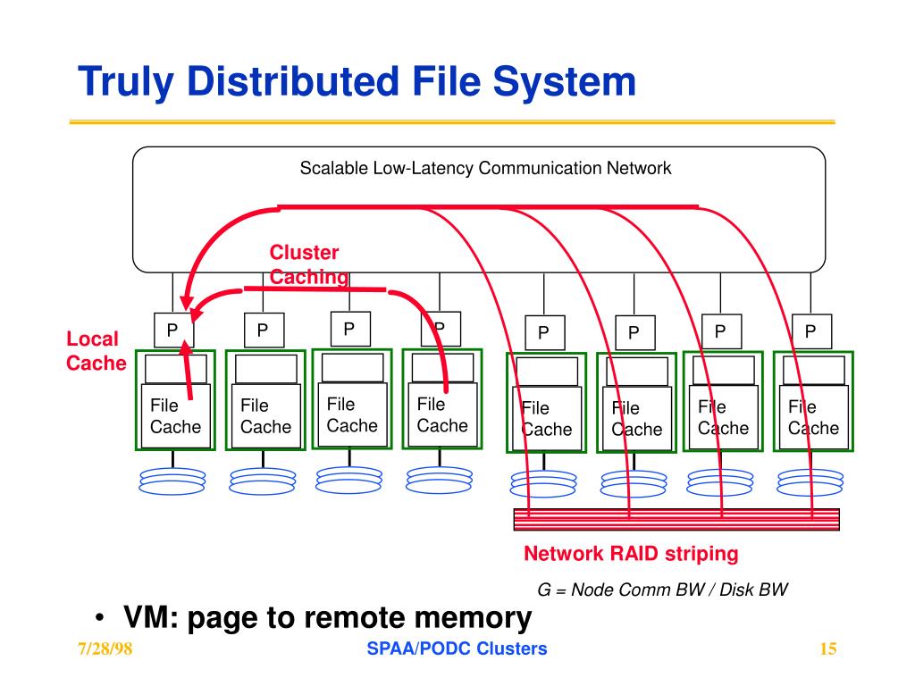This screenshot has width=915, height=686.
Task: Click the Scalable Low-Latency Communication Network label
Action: click(485, 168)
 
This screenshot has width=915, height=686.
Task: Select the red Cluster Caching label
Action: click(308, 264)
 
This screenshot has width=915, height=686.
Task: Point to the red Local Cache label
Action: click(97, 350)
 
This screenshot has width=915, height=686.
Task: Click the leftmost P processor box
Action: click(174, 330)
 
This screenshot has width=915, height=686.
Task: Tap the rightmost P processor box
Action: click(811, 331)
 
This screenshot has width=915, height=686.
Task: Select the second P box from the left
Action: click(264, 330)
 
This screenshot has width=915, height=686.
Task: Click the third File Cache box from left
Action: click(352, 414)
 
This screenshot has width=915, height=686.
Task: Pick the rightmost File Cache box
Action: click(814, 417)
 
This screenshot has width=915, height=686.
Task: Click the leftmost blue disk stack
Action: click(172, 481)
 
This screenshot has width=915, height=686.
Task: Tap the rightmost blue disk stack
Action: click(810, 482)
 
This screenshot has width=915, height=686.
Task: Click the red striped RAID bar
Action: click(676, 519)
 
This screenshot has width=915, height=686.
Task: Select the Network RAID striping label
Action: click(631, 554)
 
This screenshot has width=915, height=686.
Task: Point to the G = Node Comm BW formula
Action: click(662, 590)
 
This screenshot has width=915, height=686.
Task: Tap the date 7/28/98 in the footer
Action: click(105, 648)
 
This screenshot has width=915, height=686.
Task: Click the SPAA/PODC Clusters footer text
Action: click(457, 648)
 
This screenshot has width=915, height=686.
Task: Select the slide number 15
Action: click(828, 648)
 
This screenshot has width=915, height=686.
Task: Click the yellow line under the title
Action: click(452, 121)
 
